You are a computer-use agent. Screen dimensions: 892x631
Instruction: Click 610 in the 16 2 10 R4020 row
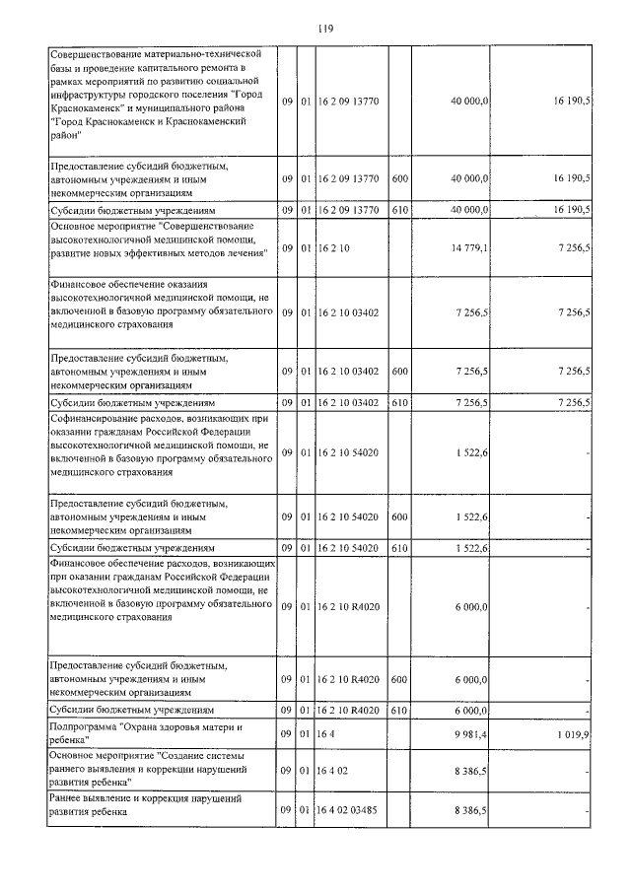[399, 710]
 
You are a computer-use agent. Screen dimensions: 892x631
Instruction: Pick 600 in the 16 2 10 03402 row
[399, 372]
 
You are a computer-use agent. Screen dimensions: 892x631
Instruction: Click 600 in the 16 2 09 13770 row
[399, 178]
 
